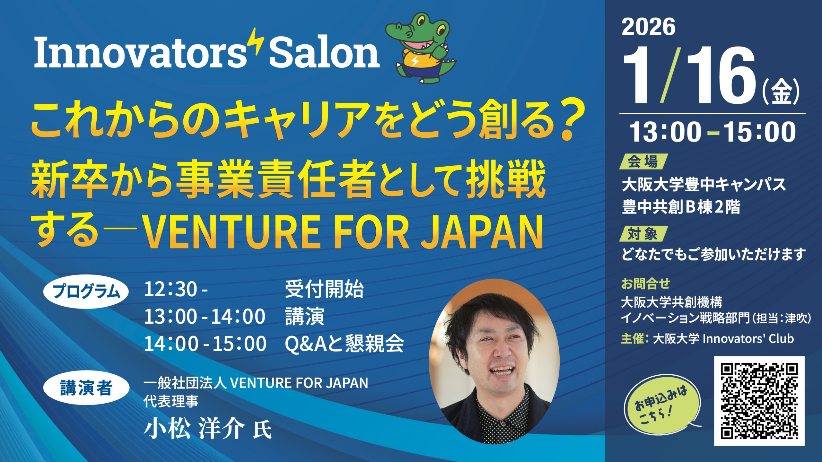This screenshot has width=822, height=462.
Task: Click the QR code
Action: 759,401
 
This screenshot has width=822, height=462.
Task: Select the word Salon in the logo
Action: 324,52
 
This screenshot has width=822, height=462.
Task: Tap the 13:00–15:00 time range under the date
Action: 713,132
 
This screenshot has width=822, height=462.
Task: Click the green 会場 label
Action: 643,161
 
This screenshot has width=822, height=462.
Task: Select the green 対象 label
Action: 643,234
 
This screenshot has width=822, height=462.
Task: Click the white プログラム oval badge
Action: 86,292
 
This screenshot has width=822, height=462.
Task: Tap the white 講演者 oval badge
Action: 86,388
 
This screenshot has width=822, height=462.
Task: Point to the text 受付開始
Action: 324,289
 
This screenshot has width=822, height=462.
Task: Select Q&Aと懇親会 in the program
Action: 344,344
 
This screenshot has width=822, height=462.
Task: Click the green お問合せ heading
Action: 646,283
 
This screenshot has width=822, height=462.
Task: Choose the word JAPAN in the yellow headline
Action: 482,232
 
